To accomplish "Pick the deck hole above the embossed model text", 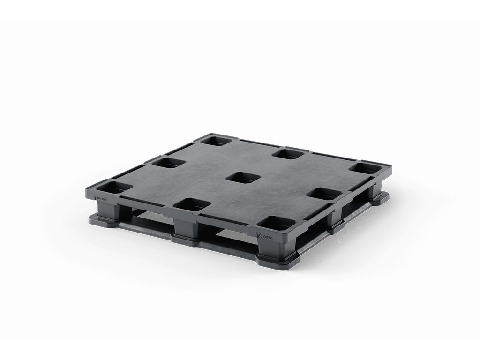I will (x=114, y=188).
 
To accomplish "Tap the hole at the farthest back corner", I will (x=216, y=139).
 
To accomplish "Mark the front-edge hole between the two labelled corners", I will (x=192, y=204).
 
